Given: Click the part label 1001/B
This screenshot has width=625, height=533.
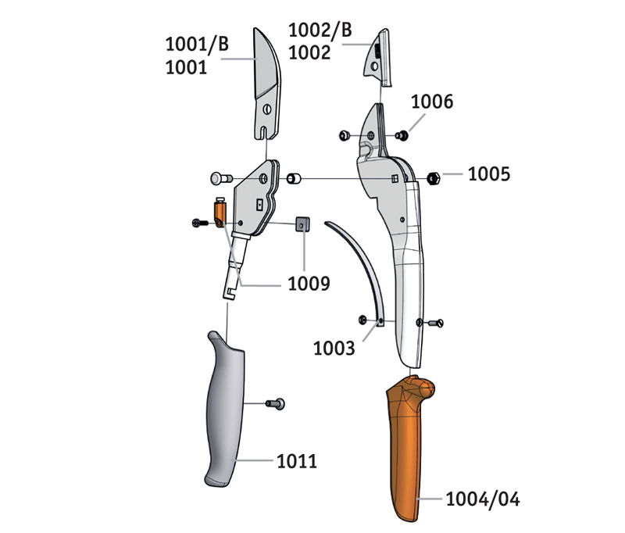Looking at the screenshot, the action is (x=197, y=44).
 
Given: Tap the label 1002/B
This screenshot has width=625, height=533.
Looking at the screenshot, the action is (x=320, y=30).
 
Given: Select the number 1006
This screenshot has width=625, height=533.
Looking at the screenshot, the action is (x=432, y=102).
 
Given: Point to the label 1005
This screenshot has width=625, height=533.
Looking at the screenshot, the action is (x=489, y=174).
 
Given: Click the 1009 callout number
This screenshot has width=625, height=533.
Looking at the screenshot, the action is (x=309, y=284).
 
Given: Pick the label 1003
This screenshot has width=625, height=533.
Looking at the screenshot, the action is (x=334, y=349).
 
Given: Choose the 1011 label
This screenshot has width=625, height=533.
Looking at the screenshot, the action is (x=297, y=461).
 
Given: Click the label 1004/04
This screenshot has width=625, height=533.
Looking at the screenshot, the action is (x=483, y=499).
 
